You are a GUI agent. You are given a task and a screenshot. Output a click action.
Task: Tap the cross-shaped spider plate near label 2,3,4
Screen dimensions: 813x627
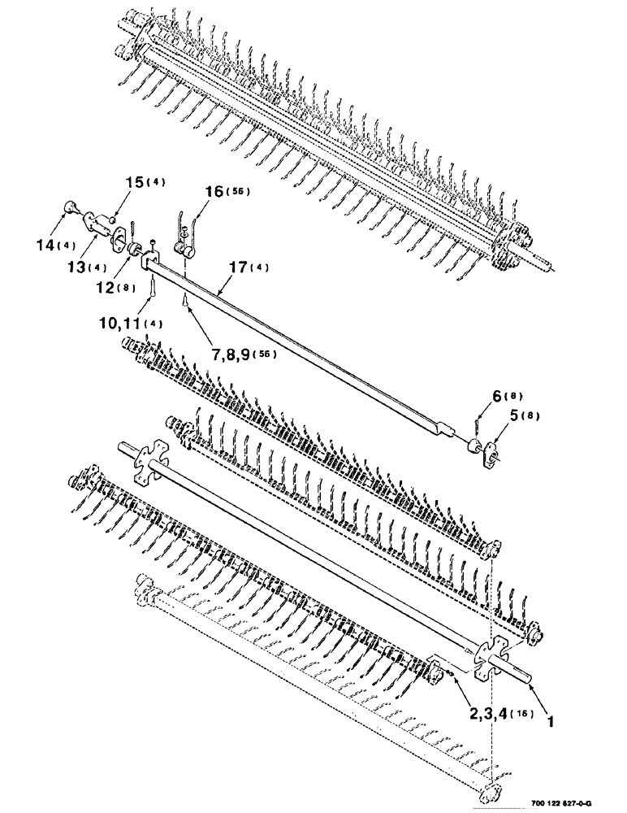(x=492, y=650)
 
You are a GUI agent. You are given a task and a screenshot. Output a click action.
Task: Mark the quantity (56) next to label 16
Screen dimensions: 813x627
(x=240, y=192)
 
